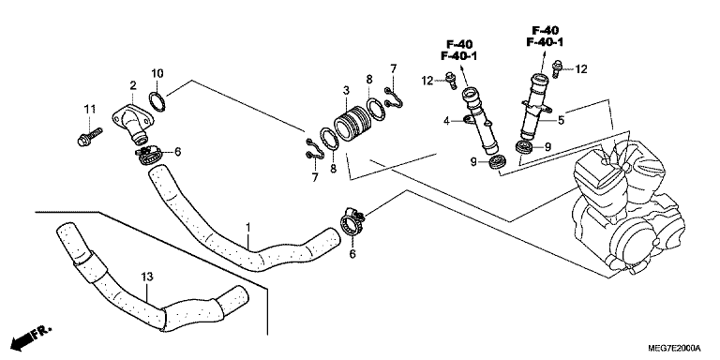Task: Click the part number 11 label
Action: [90, 110]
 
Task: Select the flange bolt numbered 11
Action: [90, 137]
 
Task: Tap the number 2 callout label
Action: [133, 85]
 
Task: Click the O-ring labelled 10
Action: [157, 101]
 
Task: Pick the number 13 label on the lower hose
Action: [147, 277]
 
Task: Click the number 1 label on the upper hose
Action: [247, 227]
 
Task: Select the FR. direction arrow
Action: [30, 337]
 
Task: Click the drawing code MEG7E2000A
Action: [674, 347]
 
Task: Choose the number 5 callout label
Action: [561, 121]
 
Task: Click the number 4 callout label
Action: [446, 121]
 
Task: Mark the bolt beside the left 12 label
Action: [451, 81]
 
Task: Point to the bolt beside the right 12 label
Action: [557, 68]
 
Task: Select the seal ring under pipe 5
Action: [524, 148]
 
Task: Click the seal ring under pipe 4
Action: [496, 162]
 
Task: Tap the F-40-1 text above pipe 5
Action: [545, 43]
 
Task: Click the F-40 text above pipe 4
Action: [459, 45]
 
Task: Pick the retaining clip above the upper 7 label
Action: [394, 97]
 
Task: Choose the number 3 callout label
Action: [347, 90]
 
